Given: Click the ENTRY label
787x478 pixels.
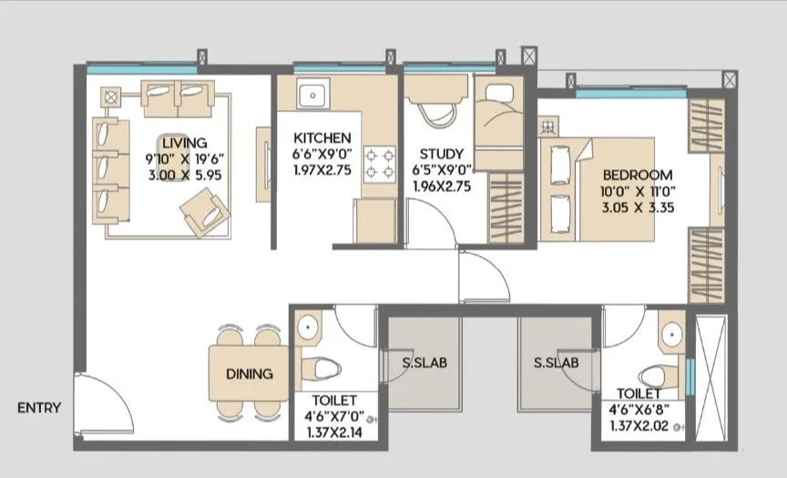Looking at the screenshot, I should (39, 408).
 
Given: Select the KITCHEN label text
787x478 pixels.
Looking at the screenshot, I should (322, 137).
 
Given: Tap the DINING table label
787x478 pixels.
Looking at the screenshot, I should (248, 373).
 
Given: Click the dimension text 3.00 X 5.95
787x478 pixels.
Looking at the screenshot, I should (185, 174).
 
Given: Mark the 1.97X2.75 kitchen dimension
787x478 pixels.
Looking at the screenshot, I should (322, 168).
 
